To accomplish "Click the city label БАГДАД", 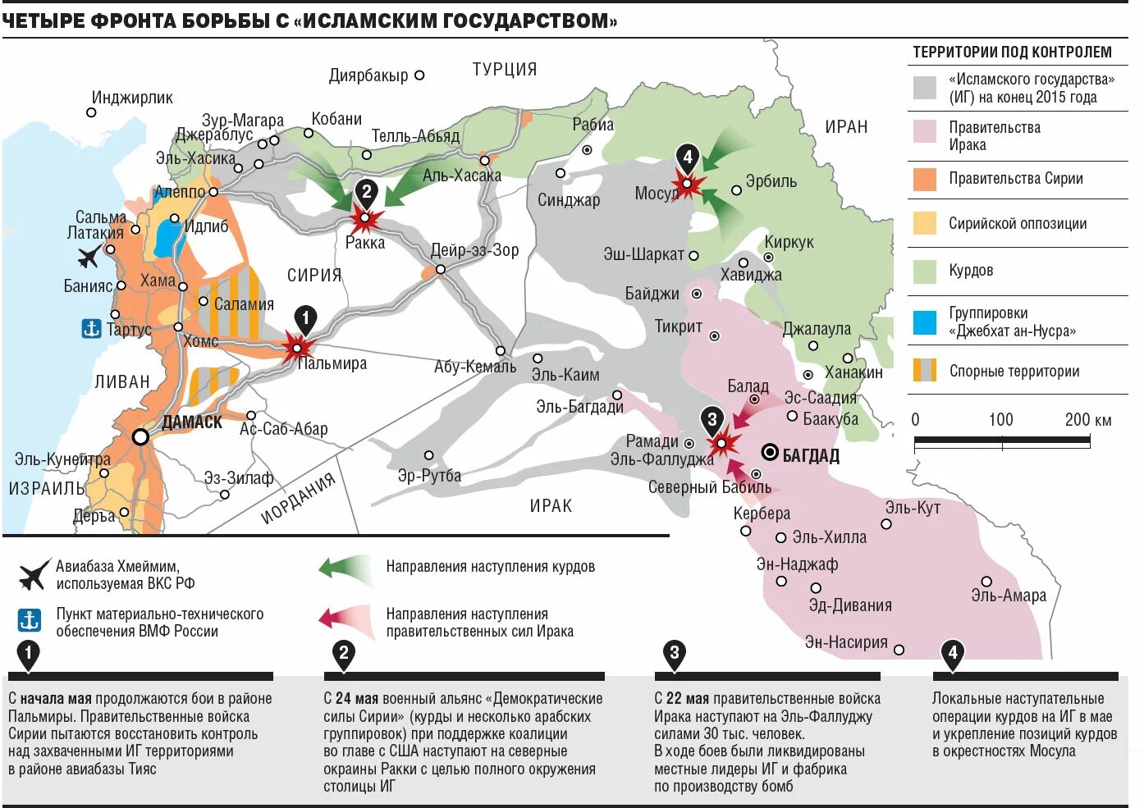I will [810, 456].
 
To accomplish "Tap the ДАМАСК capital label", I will [192, 422].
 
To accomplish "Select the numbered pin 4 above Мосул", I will [687, 157].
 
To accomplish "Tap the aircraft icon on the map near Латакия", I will [89, 256].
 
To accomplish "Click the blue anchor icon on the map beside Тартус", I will [91, 328].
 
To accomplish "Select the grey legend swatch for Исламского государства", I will [925, 89].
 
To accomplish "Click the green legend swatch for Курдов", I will [925, 271].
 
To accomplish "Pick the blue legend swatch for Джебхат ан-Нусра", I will [925, 322].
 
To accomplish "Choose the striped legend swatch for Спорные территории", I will [925, 371].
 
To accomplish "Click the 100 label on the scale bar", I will [1000, 420].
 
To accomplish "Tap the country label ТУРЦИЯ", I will [504, 70].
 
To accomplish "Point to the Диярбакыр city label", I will [368, 75].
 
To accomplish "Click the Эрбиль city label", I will [771, 181].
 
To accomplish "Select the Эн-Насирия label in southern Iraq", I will [845, 642].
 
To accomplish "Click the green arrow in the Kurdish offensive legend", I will [345, 568].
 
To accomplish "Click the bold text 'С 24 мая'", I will [351, 699].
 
